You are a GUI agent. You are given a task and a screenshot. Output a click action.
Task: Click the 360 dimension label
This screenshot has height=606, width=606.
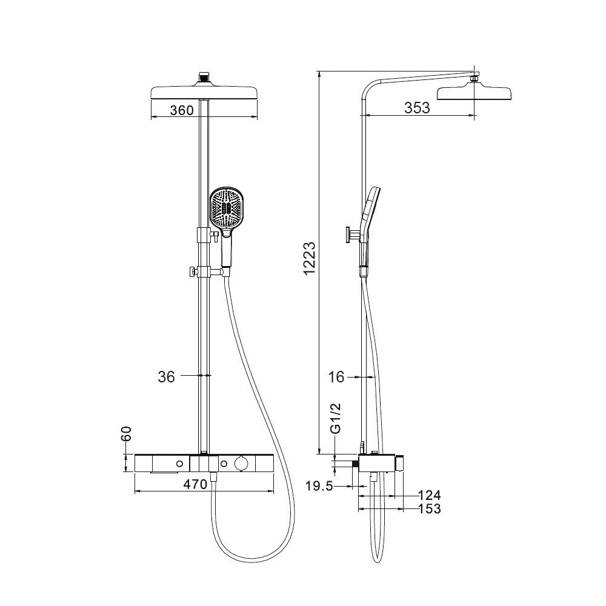coord(182,110)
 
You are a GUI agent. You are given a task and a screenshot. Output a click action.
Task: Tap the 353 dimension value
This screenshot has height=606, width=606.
coord(417,108)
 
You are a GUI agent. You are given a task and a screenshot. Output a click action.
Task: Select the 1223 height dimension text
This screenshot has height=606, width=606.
coord(310,258)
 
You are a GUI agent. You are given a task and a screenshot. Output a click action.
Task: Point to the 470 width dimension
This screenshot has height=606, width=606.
coord(195,484)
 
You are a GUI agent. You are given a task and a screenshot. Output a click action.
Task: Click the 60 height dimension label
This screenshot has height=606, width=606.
coord(127,434)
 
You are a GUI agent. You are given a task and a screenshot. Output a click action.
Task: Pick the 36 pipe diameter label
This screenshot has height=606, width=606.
coord(166,376)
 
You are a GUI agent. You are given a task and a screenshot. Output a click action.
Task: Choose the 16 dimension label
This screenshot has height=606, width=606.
coord(336,376)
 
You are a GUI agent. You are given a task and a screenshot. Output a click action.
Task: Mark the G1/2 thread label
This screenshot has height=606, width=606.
coord(336,419)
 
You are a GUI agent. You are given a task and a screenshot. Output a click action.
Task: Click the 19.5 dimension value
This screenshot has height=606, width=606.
coord(319,486)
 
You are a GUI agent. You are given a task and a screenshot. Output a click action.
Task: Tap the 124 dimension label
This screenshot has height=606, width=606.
coord(430,495)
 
